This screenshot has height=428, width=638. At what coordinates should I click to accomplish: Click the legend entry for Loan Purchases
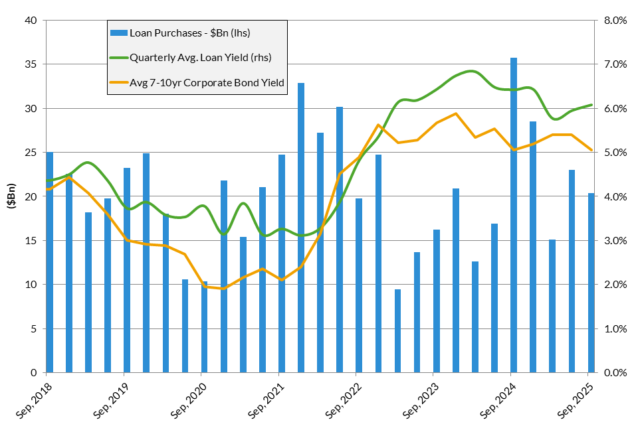[x=189, y=33]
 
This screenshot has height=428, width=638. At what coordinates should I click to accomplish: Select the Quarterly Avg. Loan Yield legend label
[x=200, y=58]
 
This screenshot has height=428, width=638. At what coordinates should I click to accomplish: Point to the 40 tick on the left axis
[x=30, y=21]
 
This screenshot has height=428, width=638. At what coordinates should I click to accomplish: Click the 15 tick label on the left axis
[x=30, y=241]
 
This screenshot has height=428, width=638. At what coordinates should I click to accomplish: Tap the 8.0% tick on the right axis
[x=614, y=21]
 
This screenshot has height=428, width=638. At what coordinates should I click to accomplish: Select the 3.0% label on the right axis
[x=614, y=241]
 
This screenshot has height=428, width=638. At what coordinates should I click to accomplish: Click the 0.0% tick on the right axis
[x=614, y=373]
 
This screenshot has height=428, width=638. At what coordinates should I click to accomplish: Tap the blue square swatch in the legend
[x=118, y=33]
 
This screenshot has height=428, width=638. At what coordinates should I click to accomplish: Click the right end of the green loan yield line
[x=591, y=105]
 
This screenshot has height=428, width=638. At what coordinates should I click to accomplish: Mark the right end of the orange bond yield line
[x=591, y=150]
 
